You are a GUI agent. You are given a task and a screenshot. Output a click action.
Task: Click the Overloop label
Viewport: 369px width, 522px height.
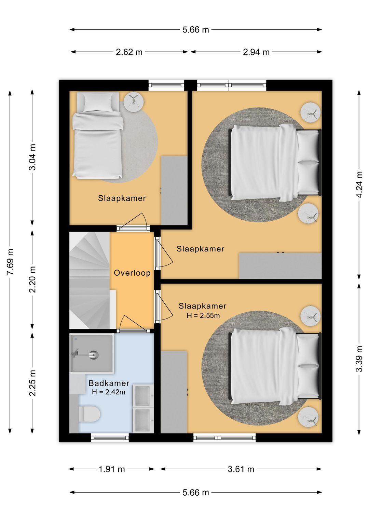[x=132, y=273]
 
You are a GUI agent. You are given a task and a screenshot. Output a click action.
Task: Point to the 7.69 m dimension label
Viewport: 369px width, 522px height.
[x=10, y=262]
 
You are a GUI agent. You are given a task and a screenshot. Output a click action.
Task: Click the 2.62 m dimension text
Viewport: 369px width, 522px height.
[x=129, y=52]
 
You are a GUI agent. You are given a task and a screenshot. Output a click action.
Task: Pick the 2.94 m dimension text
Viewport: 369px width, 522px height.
[x=256, y=52]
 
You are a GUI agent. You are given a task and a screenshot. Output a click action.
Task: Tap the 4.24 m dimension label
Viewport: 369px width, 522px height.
[x=359, y=185]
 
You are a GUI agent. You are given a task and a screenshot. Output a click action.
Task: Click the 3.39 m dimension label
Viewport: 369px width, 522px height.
[x=359, y=359]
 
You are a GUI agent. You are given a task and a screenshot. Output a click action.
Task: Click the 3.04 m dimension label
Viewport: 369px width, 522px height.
[x=32, y=157]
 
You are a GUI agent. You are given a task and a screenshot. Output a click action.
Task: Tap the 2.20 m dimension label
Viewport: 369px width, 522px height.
[x=32, y=279]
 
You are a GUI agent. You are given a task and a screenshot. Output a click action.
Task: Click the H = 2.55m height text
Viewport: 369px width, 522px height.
[x=203, y=316]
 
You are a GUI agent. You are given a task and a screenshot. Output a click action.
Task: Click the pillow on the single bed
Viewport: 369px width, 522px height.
[x=98, y=103]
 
